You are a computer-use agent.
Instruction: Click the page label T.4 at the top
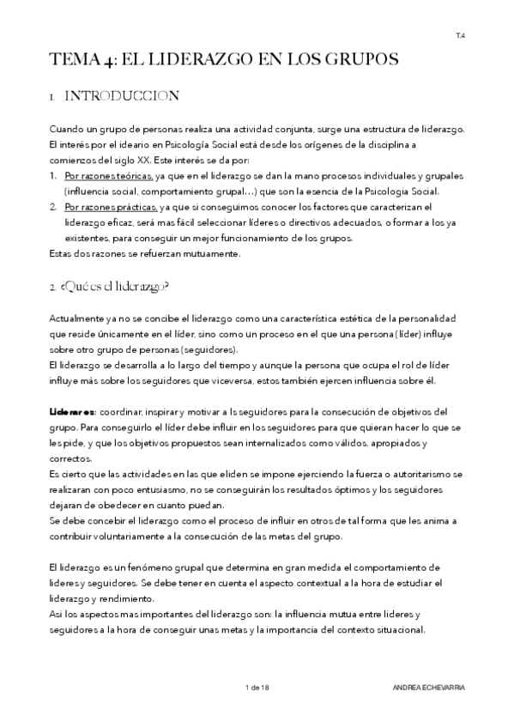(x=460, y=35)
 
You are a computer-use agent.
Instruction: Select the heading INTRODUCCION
(x=122, y=96)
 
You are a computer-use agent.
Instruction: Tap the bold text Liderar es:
(x=74, y=411)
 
